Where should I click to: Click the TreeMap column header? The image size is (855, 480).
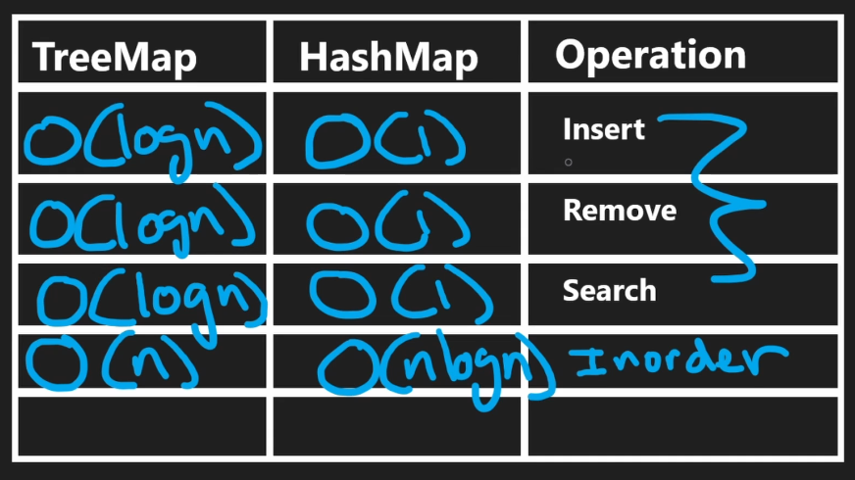(x=114, y=58)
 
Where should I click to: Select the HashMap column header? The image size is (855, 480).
(x=388, y=58)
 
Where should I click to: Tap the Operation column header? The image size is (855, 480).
(x=650, y=55)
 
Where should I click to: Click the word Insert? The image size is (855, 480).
(x=603, y=129)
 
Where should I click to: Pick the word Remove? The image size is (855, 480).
(x=619, y=210)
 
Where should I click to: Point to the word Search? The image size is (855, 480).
(x=609, y=290)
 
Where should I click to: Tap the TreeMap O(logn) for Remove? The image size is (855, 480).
(x=142, y=219)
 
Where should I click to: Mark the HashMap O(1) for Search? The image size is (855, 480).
(x=397, y=295)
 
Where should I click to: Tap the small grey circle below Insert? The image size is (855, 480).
(x=568, y=163)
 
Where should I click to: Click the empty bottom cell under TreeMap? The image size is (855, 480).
(x=142, y=425)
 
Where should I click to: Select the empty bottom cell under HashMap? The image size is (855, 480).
(x=398, y=425)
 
